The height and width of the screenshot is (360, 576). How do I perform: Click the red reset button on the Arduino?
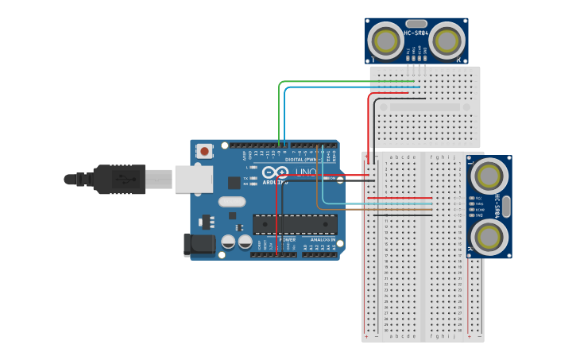tap(205, 150)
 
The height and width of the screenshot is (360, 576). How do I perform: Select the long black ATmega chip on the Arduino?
tap(295, 224)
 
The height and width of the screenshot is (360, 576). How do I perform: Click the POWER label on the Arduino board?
tap(287, 239)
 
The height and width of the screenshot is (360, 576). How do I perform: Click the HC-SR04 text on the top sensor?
tap(416, 33)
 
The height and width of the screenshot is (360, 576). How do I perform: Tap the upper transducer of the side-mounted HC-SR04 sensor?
tap(489, 176)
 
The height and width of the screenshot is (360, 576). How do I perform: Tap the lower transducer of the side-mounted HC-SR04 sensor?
tap(489, 236)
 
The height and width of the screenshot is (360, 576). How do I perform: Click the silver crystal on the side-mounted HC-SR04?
tap(506, 206)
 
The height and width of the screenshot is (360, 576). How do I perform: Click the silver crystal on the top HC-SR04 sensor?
tap(416, 24)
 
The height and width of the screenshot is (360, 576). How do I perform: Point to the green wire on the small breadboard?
tap(350, 81)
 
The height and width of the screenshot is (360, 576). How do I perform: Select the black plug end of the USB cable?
tap(119, 180)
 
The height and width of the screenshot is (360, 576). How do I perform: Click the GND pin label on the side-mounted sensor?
tap(478, 215)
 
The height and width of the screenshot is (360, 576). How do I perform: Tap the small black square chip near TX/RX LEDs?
tap(234, 183)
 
